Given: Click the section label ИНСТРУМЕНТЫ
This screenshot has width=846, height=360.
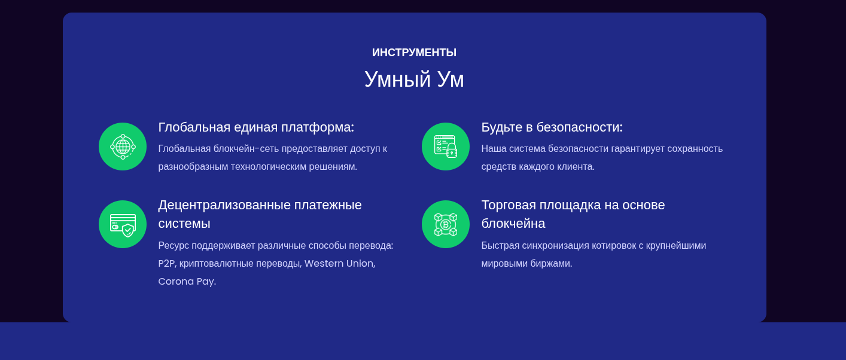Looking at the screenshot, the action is [414, 53].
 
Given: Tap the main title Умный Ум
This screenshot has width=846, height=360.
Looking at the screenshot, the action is [414, 80].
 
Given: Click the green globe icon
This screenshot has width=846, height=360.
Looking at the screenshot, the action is [123, 147].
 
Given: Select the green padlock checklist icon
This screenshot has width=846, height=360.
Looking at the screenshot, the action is [446, 147].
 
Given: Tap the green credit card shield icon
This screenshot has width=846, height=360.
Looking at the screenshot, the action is [123, 224].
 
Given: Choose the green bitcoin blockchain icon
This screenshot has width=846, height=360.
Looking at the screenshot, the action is [446, 224].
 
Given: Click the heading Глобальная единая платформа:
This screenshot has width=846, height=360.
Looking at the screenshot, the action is [256, 127].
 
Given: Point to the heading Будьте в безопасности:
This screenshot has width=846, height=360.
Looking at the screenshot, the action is [552, 127].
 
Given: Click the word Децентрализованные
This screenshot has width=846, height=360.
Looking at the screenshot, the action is [224, 205].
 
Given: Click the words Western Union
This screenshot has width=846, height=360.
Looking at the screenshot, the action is [340, 263].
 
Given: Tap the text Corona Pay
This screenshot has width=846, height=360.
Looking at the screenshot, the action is [187, 282].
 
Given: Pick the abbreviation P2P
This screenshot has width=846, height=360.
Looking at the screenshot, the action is [167, 263].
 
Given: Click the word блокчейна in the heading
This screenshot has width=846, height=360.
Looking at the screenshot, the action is [513, 224].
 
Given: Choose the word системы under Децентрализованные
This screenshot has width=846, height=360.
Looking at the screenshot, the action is [184, 224].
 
